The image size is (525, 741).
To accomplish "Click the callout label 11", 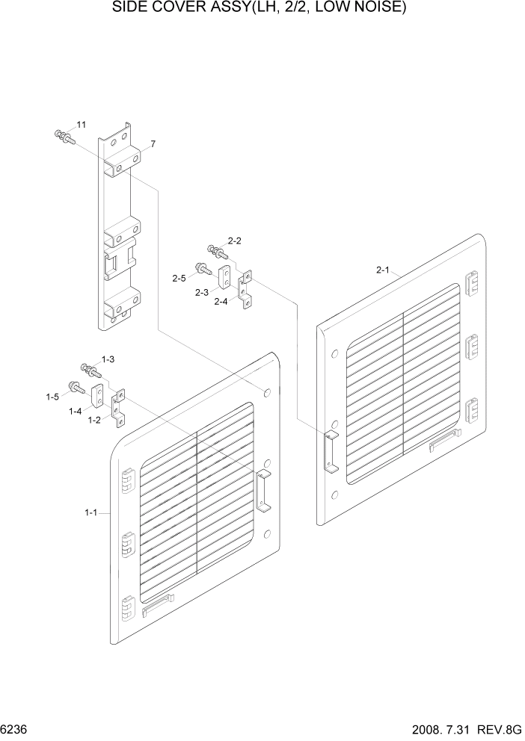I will click(81, 124).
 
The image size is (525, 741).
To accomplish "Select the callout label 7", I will click(153, 143).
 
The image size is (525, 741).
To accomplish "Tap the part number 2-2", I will click(234, 241).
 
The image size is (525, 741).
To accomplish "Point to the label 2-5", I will click(178, 278).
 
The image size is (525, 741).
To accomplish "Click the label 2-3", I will click(201, 292).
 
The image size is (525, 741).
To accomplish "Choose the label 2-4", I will click(221, 302).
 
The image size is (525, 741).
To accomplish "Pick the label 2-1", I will click(383, 270).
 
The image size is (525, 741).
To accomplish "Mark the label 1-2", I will click(94, 421).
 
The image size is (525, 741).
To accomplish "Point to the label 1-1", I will click(91, 512).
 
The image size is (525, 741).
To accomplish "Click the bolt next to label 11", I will click(63, 137).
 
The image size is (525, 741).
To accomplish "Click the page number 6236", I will click(16, 728).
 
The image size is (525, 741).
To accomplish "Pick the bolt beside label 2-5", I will click(202, 267).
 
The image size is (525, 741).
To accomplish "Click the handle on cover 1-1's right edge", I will click(264, 492).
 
